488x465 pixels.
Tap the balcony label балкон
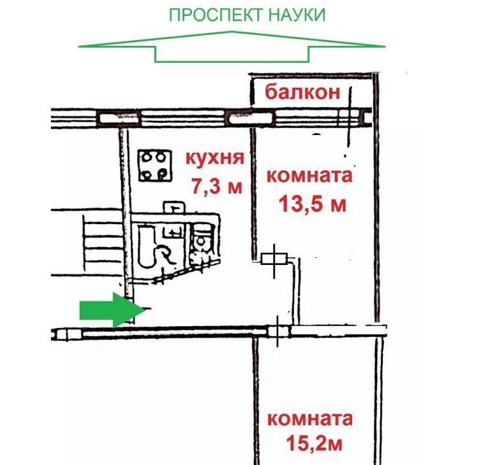(x=302, y=93)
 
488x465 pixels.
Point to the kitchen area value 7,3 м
(x=217, y=185)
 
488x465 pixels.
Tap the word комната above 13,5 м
(x=309, y=175)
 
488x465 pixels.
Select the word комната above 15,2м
(x=309, y=419)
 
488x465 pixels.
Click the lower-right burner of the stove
(x=163, y=173)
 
